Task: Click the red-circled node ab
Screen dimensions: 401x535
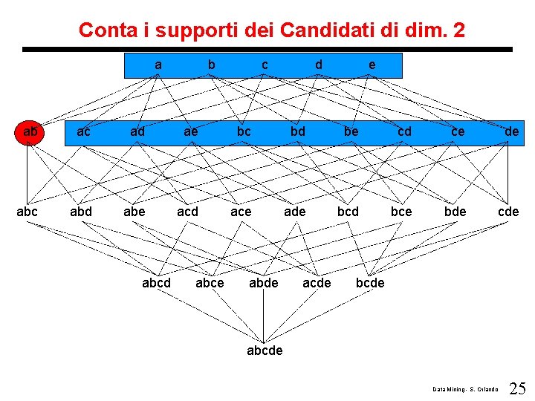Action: [x=30, y=132]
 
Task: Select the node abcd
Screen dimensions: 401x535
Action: [x=156, y=283]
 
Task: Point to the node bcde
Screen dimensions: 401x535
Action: [x=370, y=283]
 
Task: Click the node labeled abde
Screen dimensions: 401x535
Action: [x=263, y=283]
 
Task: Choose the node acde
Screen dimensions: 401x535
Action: [x=317, y=283]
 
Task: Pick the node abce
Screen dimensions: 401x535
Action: [x=210, y=283]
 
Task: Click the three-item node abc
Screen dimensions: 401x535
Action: [x=27, y=212]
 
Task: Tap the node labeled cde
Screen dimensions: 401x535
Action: [x=508, y=212]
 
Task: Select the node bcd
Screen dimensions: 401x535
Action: [x=348, y=212]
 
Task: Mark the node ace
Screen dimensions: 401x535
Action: [x=241, y=212]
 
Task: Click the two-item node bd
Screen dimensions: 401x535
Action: [x=297, y=132]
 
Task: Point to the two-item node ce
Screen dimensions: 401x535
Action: [x=458, y=132]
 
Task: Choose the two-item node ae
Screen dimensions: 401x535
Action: [x=190, y=132]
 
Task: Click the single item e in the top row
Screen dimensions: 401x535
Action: [x=372, y=65]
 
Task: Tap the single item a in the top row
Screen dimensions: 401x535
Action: [x=158, y=65]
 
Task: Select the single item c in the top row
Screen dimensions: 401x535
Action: [x=265, y=65]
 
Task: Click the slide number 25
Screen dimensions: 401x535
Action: [x=518, y=388]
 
